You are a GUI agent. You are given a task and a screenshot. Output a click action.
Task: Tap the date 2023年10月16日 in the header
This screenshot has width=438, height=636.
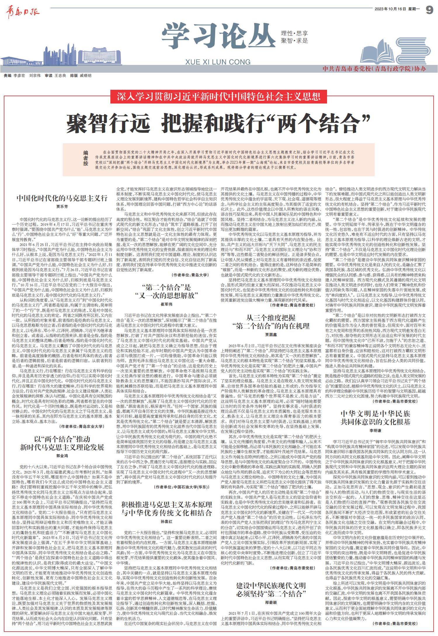[390, 9]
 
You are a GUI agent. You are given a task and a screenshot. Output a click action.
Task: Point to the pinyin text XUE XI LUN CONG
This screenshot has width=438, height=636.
[218, 62]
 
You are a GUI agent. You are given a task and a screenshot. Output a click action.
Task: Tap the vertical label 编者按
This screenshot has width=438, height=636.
[86, 158]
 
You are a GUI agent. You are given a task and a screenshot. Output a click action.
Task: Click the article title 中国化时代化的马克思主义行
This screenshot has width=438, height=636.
[62, 198]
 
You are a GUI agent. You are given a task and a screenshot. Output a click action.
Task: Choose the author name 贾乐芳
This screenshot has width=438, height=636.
[62, 206]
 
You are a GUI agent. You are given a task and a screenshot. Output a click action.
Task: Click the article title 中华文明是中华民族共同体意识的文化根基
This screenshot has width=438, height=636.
[375, 418]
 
